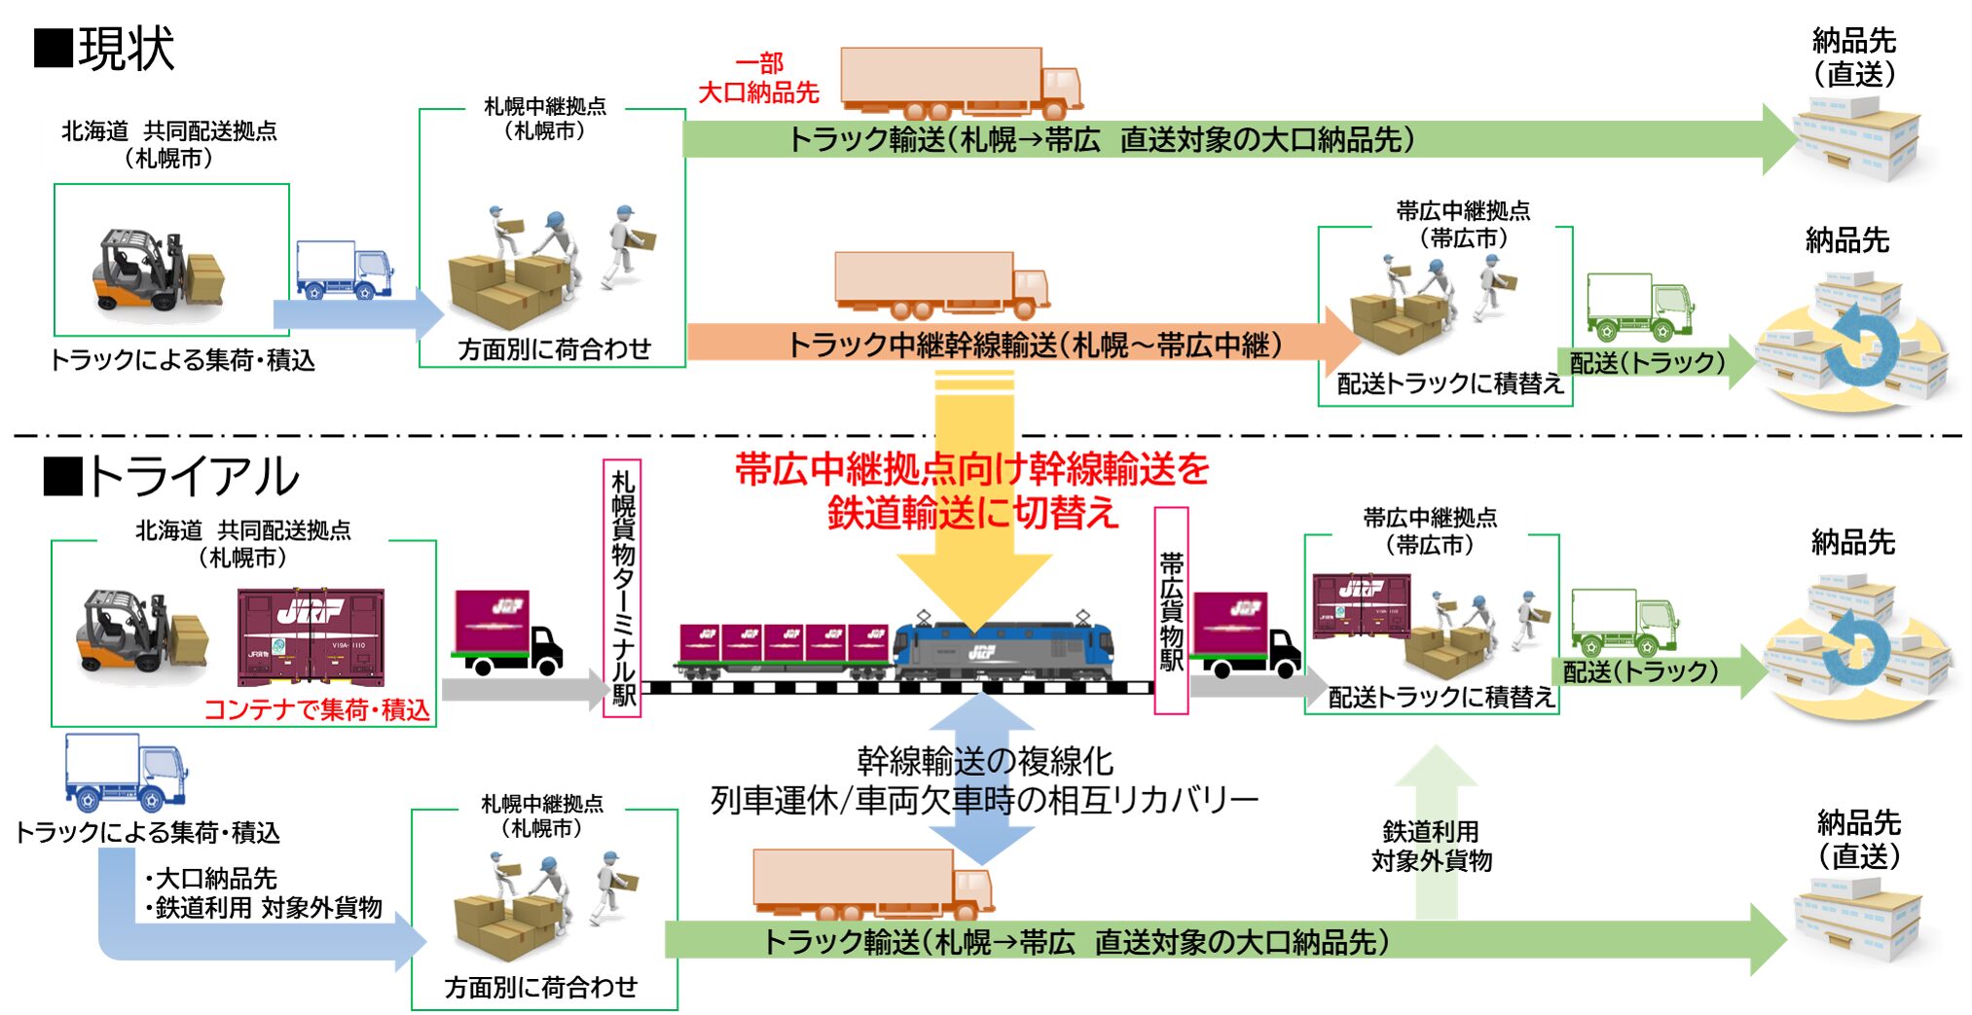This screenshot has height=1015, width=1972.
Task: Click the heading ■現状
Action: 105,49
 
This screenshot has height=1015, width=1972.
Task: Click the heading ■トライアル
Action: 171,477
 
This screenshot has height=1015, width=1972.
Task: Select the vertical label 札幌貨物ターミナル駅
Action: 622,588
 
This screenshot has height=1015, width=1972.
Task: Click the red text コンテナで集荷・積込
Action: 316,709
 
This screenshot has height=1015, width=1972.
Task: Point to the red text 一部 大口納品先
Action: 759,79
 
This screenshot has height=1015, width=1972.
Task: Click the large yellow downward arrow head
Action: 974,584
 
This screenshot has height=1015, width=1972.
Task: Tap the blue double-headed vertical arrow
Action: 982,779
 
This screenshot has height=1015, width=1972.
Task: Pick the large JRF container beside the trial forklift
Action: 310,636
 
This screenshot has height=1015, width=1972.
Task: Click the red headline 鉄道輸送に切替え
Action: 972,513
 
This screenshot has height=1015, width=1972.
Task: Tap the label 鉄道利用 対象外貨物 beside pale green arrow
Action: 1431,846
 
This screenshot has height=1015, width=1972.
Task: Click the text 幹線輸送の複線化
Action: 984,760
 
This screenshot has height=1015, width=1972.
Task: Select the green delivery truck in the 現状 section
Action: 1639,306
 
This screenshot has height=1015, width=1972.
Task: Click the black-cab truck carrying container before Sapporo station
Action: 507,633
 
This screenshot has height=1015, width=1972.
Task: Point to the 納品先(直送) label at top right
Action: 1853,57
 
